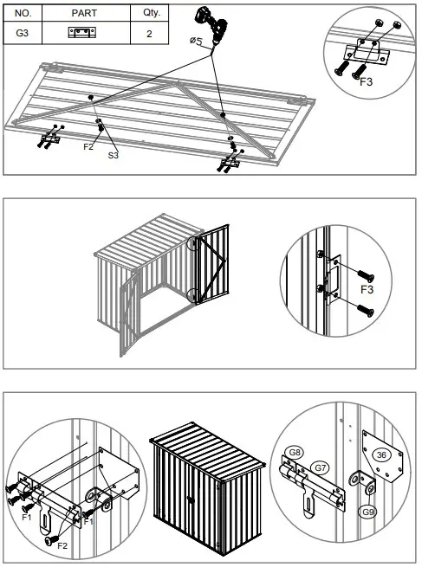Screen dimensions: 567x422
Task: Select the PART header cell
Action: coord(84,15)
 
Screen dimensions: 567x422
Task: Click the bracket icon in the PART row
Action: coord(83,34)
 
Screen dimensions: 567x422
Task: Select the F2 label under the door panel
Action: coord(88,147)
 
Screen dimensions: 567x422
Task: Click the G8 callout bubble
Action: coord(295,452)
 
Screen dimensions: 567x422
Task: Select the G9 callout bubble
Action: coord(369,512)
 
